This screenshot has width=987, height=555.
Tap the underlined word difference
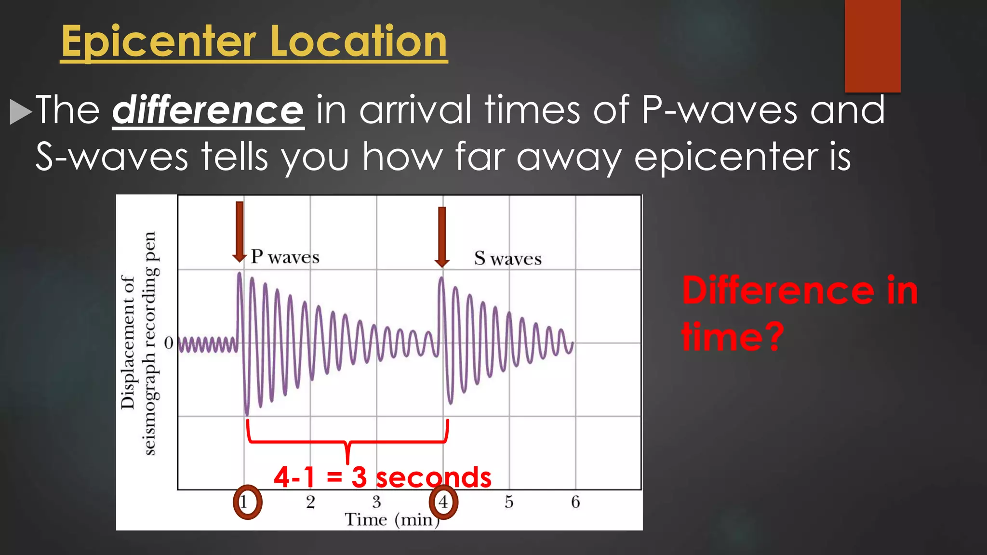pyautogui.click(x=208, y=111)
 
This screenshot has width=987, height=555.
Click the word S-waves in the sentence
pyautogui.click(x=112, y=157)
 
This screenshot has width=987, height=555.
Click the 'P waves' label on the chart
pyautogui.click(x=285, y=257)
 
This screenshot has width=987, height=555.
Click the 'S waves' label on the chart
pyautogui.click(x=507, y=259)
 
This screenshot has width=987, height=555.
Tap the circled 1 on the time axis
pyautogui.click(x=247, y=502)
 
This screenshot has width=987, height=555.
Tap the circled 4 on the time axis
pyautogui.click(x=443, y=502)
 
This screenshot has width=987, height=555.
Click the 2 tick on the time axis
pyautogui.click(x=310, y=502)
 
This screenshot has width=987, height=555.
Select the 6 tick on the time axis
pyautogui.click(x=575, y=502)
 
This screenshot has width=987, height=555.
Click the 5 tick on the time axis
pyautogui.click(x=509, y=502)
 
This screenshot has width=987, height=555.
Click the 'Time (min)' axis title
pyautogui.click(x=391, y=520)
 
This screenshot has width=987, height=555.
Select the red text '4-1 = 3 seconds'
pyautogui.click(x=382, y=477)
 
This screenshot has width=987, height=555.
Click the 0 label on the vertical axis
pyautogui.click(x=169, y=343)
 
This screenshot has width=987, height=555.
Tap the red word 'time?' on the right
pyautogui.click(x=733, y=336)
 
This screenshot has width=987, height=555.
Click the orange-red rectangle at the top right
pyautogui.click(x=872, y=46)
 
